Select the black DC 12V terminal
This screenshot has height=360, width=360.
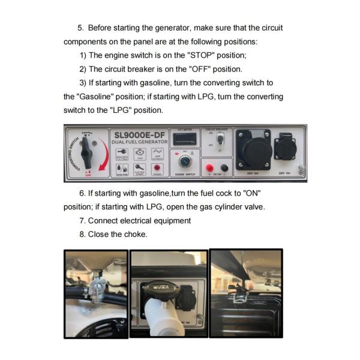pos(224,169)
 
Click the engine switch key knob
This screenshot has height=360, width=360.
pos(185,161)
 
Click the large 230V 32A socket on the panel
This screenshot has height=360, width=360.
pos(253,148)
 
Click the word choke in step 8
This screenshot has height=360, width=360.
pos(135,234)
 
